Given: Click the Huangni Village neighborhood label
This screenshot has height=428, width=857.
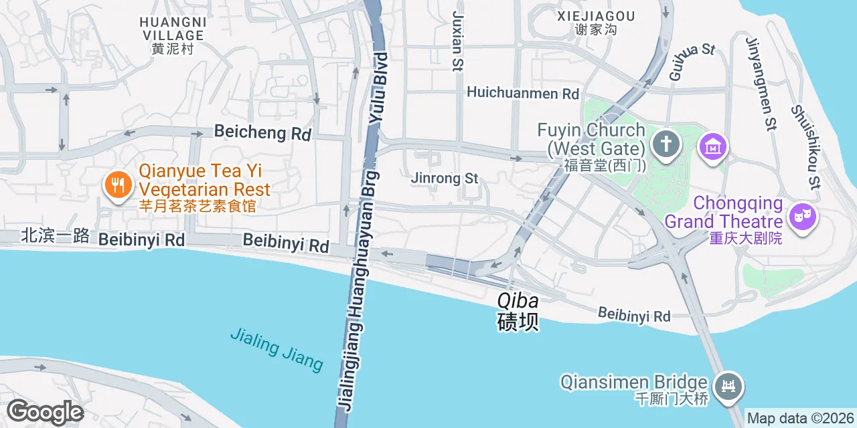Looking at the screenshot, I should coord(173,35).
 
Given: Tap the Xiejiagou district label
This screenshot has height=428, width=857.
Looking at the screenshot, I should coord(595,22).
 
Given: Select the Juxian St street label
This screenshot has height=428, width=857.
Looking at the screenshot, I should coord(458,40).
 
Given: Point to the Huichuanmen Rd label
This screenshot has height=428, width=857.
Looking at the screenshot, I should coord(523,93).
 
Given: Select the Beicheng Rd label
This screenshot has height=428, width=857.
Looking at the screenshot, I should coord(262,132).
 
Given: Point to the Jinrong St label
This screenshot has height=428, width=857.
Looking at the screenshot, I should coord(445,179).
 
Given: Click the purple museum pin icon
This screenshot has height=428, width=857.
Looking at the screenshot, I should coord(712,146).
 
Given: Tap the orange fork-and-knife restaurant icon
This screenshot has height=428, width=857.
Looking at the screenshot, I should coord(119,185).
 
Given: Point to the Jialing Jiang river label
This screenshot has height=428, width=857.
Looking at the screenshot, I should coord(277,348).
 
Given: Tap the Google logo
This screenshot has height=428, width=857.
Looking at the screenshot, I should coord(45,412).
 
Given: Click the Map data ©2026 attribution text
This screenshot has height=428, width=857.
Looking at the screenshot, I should coord(799,419).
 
